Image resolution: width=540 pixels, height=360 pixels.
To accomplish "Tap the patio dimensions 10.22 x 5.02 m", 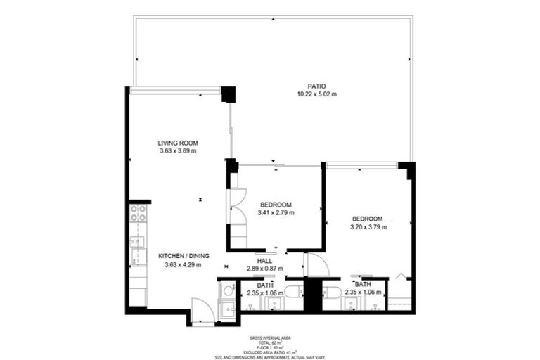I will (x=316, y=94).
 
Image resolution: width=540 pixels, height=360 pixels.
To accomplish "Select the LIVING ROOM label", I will (x=177, y=143).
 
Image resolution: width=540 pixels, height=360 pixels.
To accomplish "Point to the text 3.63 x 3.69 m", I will (x=177, y=150).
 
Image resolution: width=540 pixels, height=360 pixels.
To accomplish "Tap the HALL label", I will (x=264, y=260).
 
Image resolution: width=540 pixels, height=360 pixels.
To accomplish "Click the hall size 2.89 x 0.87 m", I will (x=264, y=269).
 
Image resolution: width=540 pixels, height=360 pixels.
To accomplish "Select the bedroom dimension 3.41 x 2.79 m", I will (x=276, y=212).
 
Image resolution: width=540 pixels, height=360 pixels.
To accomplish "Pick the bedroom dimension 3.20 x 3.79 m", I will (x=368, y=226).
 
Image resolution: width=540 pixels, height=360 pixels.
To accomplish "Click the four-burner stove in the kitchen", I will (x=137, y=212).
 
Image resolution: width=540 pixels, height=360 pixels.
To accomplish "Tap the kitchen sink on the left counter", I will (x=136, y=243).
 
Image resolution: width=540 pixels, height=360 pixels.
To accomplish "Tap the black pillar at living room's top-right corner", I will (x=228, y=94).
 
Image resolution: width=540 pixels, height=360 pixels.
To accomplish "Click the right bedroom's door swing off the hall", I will (x=314, y=266).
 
